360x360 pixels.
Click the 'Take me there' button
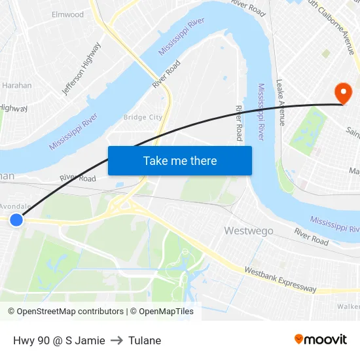180,161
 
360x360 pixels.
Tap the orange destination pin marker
342,93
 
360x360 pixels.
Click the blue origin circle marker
16,221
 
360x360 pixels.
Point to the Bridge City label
143,117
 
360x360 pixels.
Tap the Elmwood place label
67,14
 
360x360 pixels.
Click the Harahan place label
16,85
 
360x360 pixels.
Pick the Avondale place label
15,206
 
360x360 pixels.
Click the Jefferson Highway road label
82,69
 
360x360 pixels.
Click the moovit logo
321,339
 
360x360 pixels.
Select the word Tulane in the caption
145,340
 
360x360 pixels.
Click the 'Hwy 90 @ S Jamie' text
59,340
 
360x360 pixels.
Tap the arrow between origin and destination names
117,340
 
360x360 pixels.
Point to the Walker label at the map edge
349,306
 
